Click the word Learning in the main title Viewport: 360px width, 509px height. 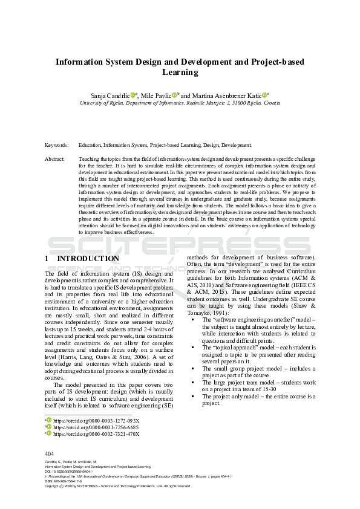click(180, 72)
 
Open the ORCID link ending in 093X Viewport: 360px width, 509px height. click(96, 420)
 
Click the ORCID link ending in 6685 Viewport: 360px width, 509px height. click(96, 427)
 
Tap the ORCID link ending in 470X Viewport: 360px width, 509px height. click(96, 433)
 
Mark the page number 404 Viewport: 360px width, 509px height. click(50, 453)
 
